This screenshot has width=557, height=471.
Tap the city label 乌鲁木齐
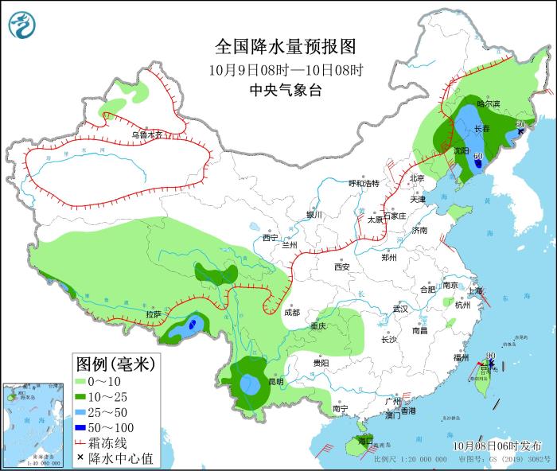tap(146, 135)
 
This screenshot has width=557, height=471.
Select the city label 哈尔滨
tap(488, 104)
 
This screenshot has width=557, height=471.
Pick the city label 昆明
tap(275, 381)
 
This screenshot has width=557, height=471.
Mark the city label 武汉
tap(399, 309)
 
